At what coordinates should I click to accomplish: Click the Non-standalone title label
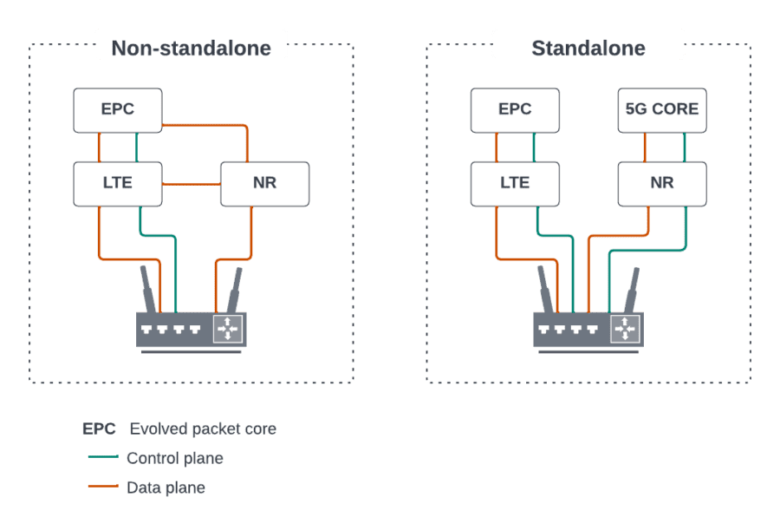point(191,47)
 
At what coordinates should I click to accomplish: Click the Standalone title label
point(588,47)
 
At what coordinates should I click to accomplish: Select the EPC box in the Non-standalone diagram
point(117,109)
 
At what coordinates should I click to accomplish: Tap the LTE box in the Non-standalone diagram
point(117,183)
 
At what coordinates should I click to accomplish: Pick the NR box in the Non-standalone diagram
point(265,183)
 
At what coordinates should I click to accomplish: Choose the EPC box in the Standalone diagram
point(515,109)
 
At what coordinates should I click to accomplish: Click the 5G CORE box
point(662,109)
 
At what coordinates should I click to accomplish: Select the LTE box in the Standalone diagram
point(515,183)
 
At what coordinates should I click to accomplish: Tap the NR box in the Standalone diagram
point(662,183)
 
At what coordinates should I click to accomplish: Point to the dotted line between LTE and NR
point(191,184)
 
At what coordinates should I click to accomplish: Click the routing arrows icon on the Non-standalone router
point(228,329)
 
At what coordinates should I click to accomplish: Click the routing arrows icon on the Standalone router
point(624,329)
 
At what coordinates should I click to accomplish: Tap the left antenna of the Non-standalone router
point(148,290)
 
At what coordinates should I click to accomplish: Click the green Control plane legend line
point(104,458)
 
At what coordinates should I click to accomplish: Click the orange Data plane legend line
point(104,487)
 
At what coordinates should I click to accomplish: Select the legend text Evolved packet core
point(203,429)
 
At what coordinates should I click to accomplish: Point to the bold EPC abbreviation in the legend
point(99,429)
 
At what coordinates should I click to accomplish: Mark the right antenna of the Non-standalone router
point(234,290)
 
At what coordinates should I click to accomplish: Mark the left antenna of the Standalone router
point(545,290)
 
